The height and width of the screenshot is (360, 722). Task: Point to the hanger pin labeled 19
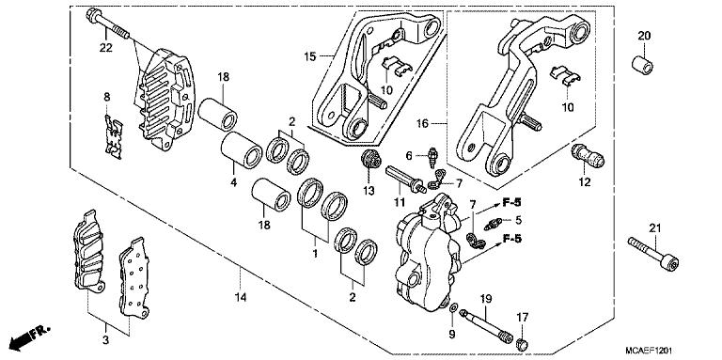pos(489,326)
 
